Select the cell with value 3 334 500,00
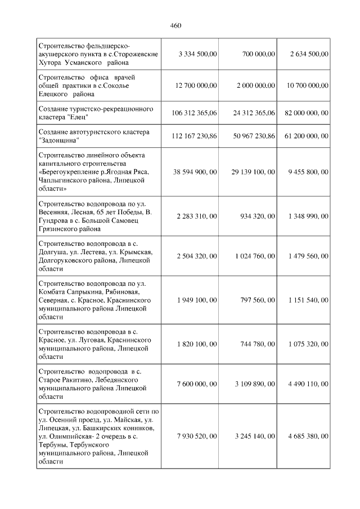(x=197, y=54)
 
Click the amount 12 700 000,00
(x=196, y=85)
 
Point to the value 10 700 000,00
(x=307, y=85)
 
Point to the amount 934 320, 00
(x=256, y=217)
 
